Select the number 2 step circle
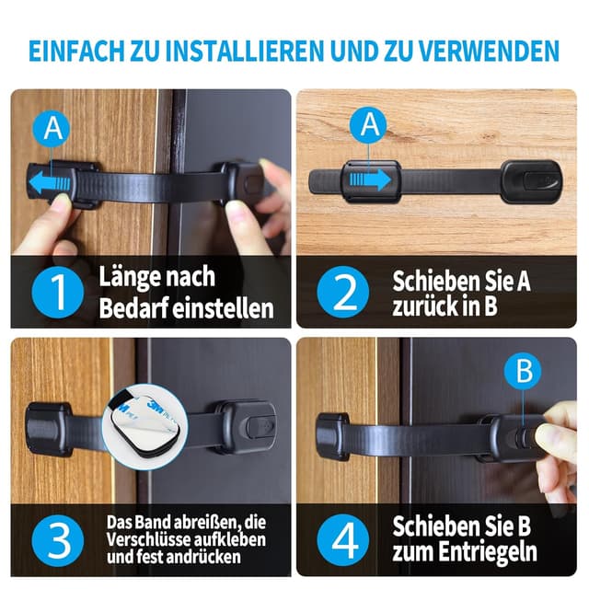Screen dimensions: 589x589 coord(343,293)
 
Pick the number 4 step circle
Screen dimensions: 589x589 coord(343,541)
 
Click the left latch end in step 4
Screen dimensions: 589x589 coord(331,435)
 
